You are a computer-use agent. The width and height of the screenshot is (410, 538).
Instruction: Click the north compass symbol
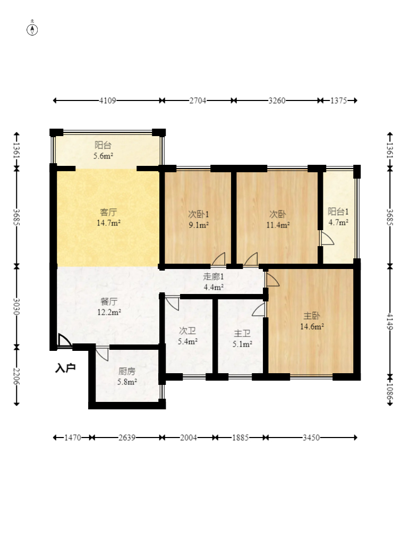click(32, 30)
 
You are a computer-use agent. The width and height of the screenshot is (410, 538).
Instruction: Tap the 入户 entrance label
click(65, 368)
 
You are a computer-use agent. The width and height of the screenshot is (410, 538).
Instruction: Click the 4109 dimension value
click(108, 100)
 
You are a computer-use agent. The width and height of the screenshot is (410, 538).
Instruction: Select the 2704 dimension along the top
click(198, 100)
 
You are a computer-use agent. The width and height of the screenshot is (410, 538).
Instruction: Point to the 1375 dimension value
click(339, 100)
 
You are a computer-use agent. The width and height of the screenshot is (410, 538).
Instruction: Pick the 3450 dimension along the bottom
click(311, 438)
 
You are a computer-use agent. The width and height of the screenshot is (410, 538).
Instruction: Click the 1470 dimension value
click(73, 438)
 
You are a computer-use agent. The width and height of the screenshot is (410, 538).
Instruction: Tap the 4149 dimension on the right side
click(390, 322)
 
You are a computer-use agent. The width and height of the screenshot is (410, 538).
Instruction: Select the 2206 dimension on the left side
click(16, 376)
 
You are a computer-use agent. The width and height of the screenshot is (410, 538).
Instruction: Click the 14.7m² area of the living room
click(108, 223)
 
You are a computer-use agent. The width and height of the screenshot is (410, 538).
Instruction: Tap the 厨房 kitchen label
click(127, 371)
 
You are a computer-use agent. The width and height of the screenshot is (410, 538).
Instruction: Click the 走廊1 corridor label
click(213, 276)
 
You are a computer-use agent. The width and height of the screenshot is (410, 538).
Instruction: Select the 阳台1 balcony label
click(338, 212)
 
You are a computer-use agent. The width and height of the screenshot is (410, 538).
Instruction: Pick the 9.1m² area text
click(199, 225)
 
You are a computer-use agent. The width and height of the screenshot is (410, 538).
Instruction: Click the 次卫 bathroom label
click(187, 331)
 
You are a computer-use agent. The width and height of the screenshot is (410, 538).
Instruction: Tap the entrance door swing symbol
click(64, 341)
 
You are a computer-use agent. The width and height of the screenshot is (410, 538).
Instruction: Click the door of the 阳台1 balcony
click(327, 238)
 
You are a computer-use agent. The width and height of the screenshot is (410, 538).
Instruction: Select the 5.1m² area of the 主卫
click(242, 344)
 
